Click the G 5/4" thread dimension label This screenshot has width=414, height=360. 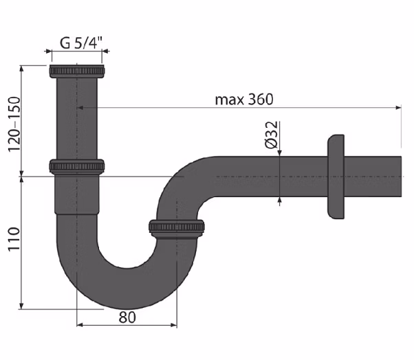click(x=81, y=43)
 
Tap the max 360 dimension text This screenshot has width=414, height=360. click(x=244, y=100)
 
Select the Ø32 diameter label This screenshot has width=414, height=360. click(x=272, y=135)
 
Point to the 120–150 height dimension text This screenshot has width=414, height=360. click(x=14, y=124)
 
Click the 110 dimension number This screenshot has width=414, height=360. click(x=14, y=239)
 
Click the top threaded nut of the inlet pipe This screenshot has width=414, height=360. click(x=77, y=71)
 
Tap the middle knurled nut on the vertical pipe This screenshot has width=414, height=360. click(x=77, y=167)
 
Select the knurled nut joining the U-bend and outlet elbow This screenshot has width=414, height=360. click(x=177, y=227)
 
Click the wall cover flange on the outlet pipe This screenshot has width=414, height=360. click(x=336, y=177)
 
